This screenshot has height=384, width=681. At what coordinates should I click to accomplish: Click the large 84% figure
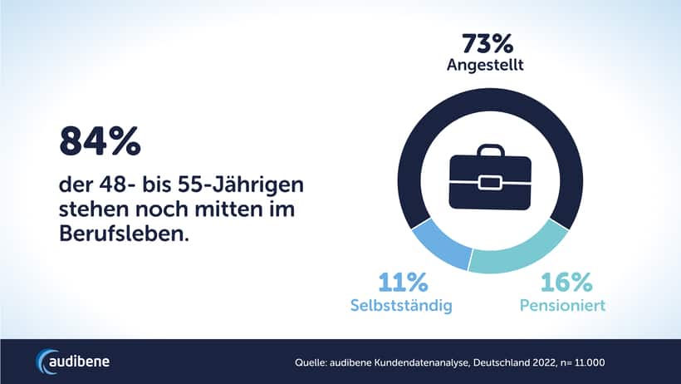[99, 142]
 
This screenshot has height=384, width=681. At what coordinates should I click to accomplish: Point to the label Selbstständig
[401, 306]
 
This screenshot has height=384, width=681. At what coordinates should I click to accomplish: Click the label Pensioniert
[562, 306]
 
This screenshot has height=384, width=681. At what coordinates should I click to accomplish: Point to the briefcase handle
[490, 150]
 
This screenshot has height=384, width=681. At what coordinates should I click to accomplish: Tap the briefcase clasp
[489, 182]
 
